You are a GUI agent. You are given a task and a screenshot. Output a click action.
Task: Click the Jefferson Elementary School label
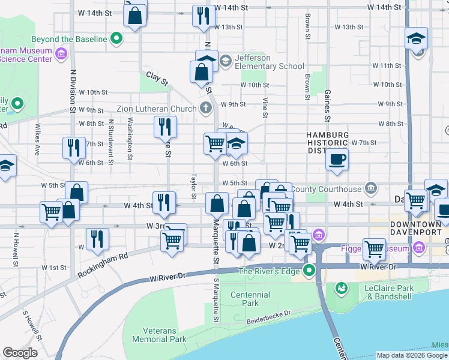click(261, 62)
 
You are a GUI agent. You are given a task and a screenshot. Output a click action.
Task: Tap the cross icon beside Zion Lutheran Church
click(206, 109)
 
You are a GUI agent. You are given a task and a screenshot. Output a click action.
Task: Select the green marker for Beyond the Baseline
click(118, 40)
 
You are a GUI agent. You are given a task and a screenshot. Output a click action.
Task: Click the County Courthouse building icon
click(371, 188)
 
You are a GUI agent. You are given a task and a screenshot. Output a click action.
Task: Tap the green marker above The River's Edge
click(309, 270)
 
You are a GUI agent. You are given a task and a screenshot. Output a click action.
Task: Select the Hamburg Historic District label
click(327, 143)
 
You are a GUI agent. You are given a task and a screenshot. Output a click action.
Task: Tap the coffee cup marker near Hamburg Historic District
click(337, 160)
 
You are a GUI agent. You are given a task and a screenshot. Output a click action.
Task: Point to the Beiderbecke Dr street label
click(268, 317)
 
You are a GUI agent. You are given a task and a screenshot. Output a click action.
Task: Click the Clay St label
click(157, 79)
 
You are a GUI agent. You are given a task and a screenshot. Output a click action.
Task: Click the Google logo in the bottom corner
click(20, 353)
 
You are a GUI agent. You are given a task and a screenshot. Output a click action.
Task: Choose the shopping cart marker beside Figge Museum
click(374, 248)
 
